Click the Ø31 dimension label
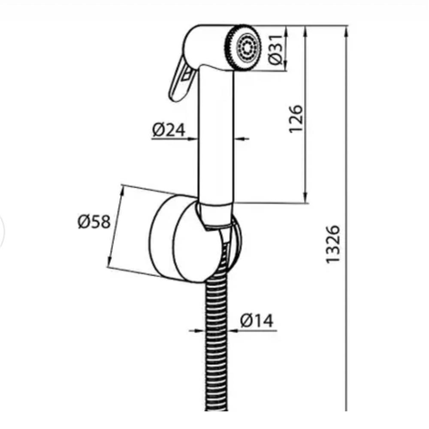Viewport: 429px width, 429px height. point(275,50)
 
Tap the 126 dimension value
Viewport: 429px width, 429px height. point(296,119)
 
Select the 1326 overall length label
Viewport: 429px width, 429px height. point(333,245)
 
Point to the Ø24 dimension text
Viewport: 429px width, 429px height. point(169,130)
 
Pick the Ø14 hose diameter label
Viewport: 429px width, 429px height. point(257,320)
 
